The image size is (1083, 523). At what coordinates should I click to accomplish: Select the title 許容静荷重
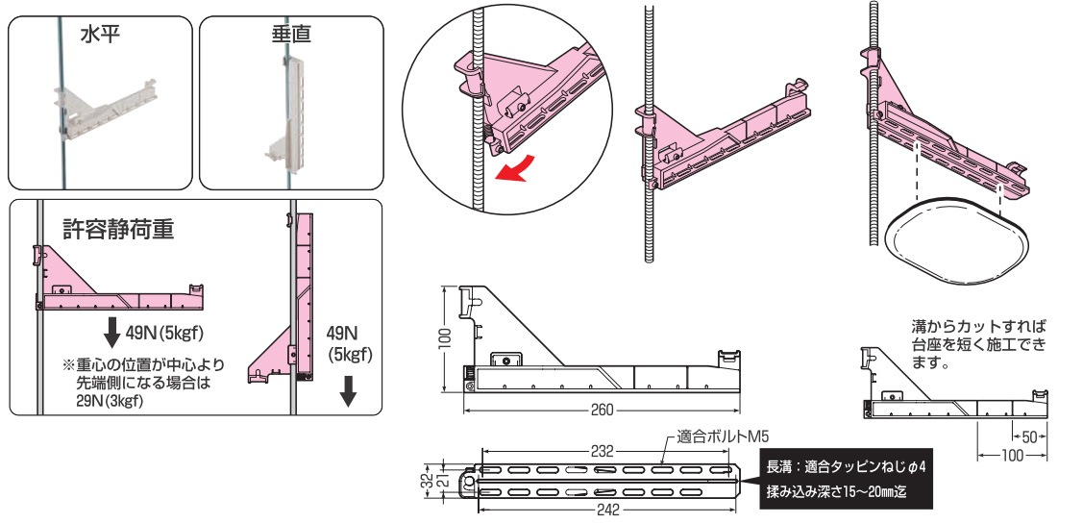pos(118,229)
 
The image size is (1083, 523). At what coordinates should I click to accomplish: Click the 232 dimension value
pos(603,450)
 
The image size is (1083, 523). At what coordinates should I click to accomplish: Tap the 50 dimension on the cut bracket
pos(1028,437)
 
